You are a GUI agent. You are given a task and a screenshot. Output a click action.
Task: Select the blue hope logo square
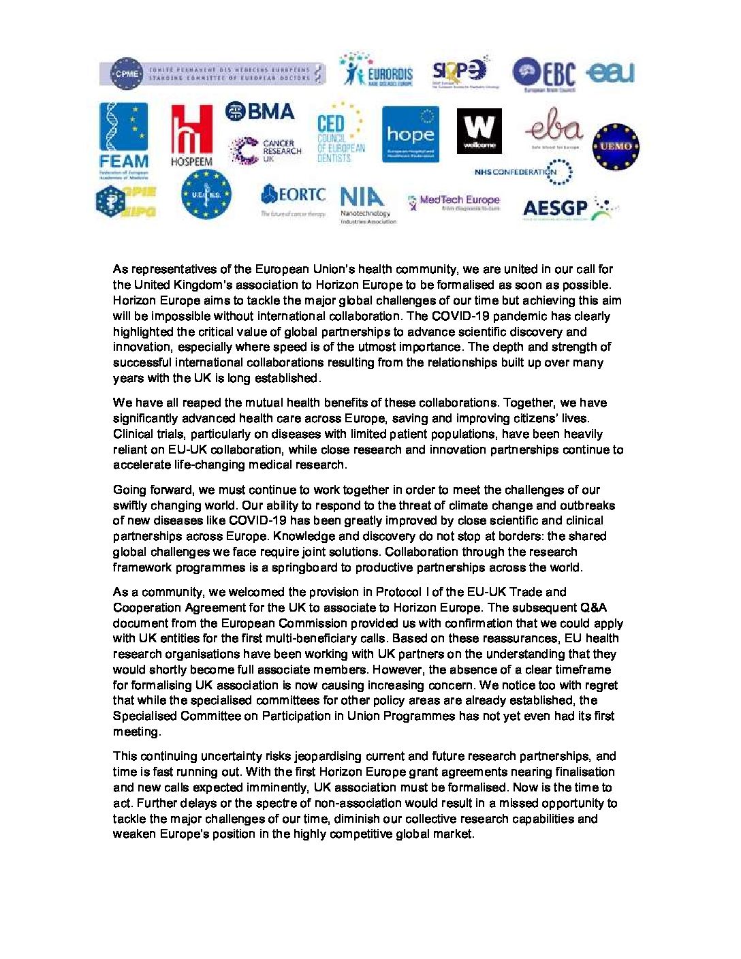(410, 134)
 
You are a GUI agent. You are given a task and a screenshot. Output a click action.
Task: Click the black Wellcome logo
(479, 131)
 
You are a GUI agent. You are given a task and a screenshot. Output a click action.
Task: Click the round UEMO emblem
(616, 146)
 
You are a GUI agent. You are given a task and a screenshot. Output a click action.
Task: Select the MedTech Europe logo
(454, 202)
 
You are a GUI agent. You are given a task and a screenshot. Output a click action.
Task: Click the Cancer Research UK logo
(265, 151)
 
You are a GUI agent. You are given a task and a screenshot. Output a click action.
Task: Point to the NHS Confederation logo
(523, 172)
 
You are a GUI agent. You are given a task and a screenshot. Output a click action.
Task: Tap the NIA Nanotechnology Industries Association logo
(367, 205)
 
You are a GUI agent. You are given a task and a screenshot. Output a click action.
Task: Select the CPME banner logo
(212, 74)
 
